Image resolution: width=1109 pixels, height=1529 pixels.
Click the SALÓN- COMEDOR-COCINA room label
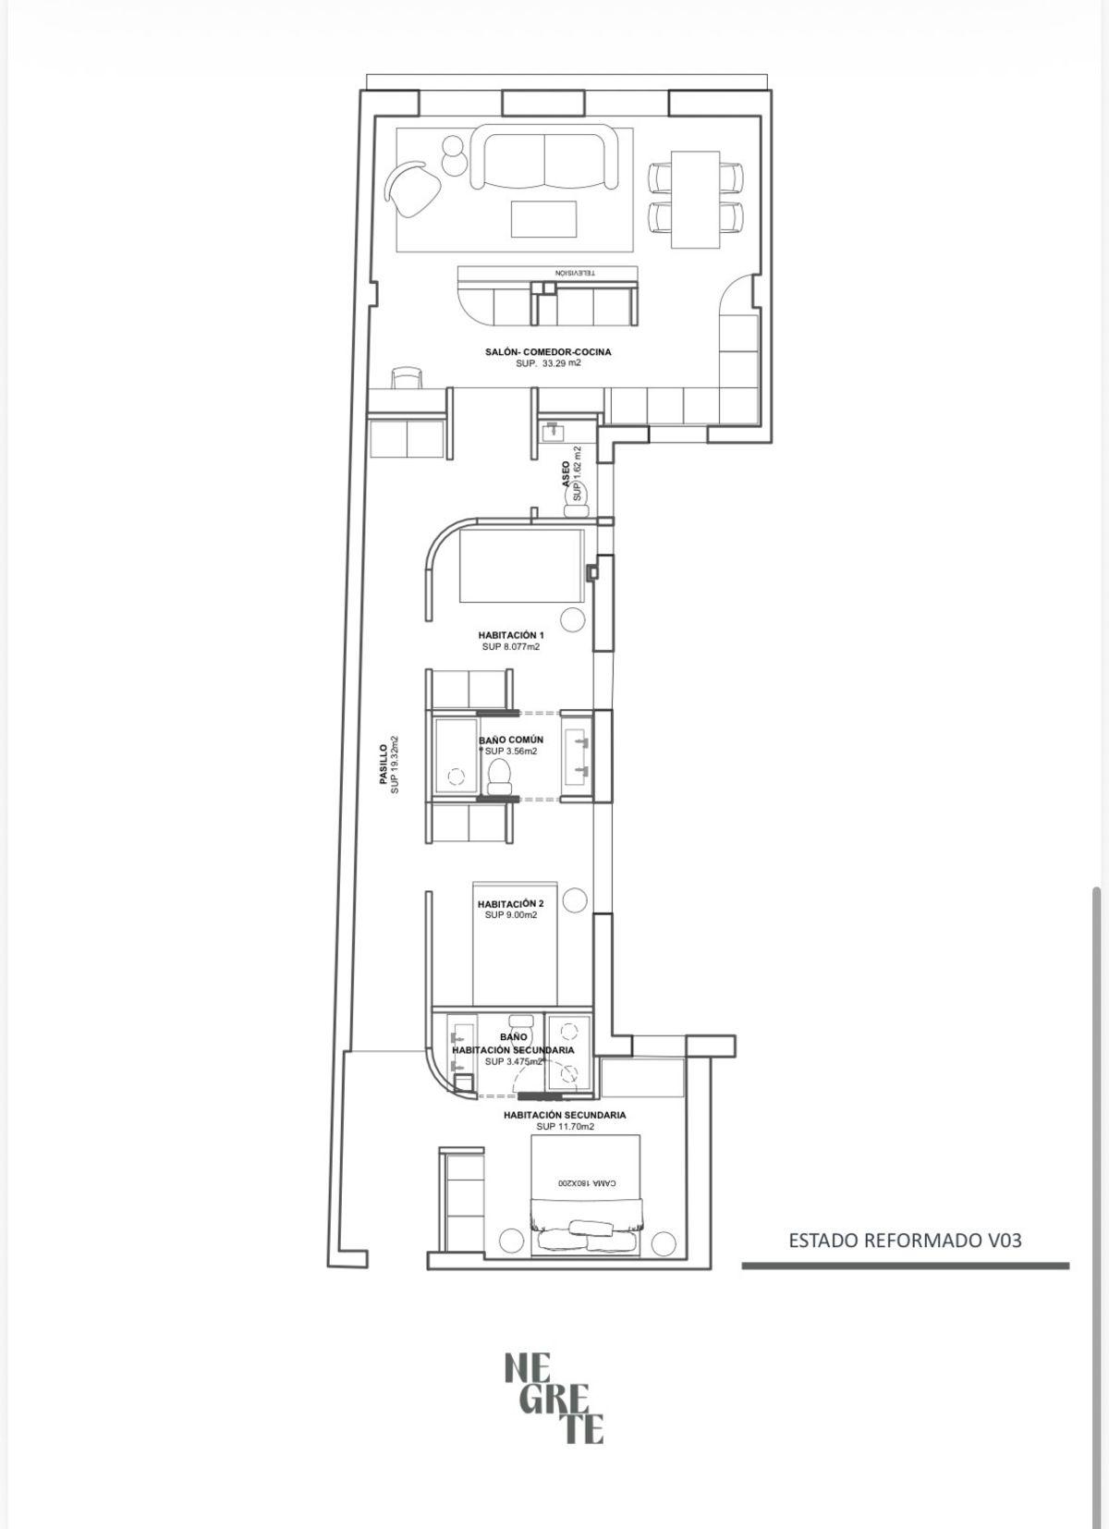pos(547,352)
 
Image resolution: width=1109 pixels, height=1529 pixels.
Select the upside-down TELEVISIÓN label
pos(575,273)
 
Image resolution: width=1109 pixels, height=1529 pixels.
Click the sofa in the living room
pos(544,156)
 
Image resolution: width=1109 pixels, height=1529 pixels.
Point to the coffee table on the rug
pos(543,218)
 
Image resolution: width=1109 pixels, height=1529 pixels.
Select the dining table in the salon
pos(695,200)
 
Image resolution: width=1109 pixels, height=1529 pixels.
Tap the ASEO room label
pos(566,472)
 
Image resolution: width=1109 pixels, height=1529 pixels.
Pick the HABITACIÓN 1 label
pos(510,635)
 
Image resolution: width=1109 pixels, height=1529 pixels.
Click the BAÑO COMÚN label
pos(511,740)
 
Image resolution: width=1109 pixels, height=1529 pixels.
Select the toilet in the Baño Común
pos(500,777)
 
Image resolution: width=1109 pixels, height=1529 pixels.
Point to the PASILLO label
pos(384,764)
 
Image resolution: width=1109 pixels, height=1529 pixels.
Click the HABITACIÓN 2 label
pos(510,904)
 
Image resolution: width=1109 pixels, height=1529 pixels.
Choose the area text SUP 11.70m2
pos(565,1126)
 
